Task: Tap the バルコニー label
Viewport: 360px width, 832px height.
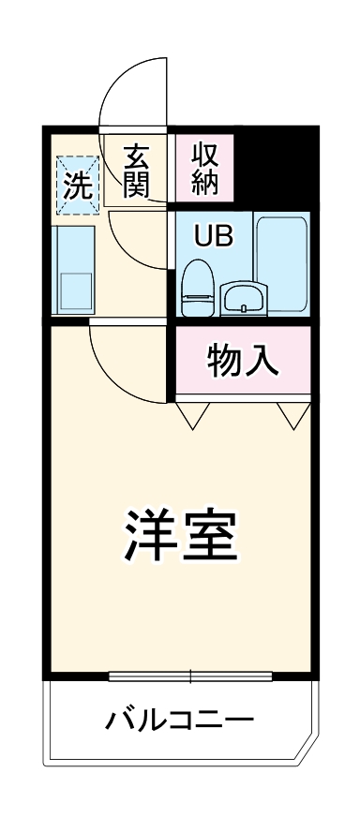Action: pyautogui.click(x=179, y=721)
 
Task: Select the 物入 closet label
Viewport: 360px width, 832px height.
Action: pyautogui.click(x=243, y=360)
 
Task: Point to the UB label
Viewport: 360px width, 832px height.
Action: pyautogui.click(x=208, y=235)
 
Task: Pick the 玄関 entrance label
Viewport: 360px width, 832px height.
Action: pyautogui.click(x=137, y=169)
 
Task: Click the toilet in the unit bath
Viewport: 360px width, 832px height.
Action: pyautogui.click(x=197, y=285)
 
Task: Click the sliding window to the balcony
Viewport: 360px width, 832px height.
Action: pyautogui.click(x=190, y=675)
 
